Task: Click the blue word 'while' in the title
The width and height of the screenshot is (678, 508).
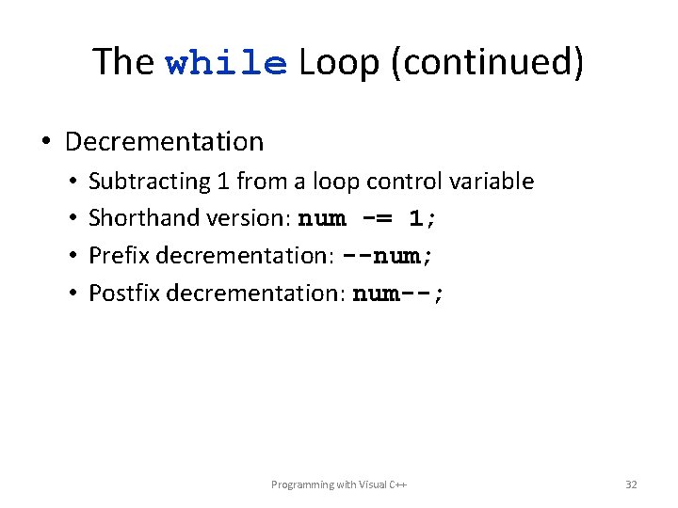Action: tap(226, 64)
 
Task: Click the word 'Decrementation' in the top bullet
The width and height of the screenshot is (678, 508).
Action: tap(164, 142)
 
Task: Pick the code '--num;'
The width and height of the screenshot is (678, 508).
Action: tap(389, 256)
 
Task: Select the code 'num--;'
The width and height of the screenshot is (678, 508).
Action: tap(397, 294)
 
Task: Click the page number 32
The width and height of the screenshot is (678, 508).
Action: tap(631, 484)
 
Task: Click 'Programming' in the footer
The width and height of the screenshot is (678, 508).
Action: tap(301, 484)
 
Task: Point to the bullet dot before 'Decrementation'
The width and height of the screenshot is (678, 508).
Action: tap(46, 143)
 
